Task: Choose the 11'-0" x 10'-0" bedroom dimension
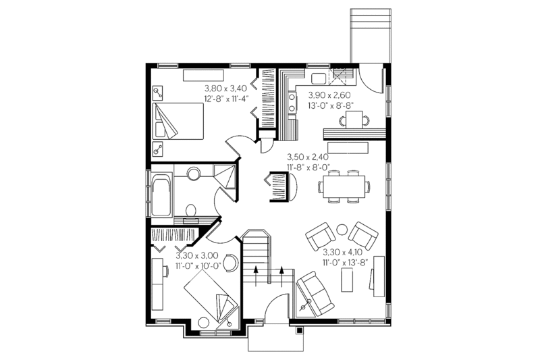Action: (197, 266)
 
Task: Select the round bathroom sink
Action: (193, 174)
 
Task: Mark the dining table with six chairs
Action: (345, 186)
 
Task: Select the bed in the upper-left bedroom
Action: (178, 122)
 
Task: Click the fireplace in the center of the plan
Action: (279, 185)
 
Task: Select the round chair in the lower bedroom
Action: (230, 262)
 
